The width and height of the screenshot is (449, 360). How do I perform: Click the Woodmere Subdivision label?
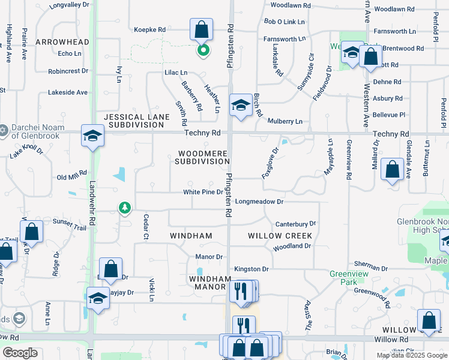pyautogui.click(x=202, y=157)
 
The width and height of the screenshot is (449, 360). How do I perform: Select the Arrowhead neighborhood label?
pyautogui.click(x=62, y=42)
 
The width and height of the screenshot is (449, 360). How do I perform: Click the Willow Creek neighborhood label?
pyautogui.click(x=280, y=236)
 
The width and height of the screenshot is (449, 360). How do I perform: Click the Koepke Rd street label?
pyautogui.click(x=149, y=29)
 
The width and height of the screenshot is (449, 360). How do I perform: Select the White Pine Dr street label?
pyautogui.click(x=203, y=192)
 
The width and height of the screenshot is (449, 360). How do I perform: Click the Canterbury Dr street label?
pyautogui.click(x=295, y=224)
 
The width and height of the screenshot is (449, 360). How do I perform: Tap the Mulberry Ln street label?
pyautogui.click(x=285, y=121)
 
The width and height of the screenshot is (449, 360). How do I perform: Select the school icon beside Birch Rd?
pyautogui.click(x=240, y=105)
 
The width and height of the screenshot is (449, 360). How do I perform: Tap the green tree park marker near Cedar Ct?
pyautogui.click(x=125, y=208)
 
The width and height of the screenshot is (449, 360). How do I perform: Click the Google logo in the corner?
pyautogui.click(x=20, y=353)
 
